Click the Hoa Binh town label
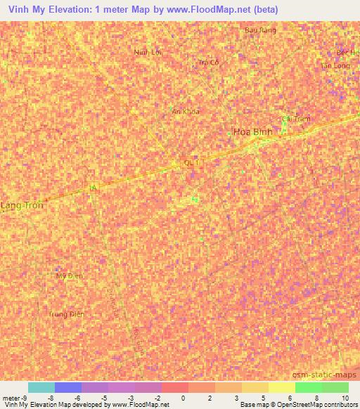click(x=252, y=131)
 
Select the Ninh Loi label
click(x=148, y=52)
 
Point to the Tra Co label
click(x=209, y=62)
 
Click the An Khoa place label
click(x=186, y=111)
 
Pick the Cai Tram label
click(x=295, y=119)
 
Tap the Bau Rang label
click(x=259, y=30)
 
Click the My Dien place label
click(x=70, y=275)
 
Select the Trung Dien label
click(x=67, y=314)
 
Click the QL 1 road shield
click(x=192, y=163)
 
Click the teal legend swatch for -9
click(x=41, y=387)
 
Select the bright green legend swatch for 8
click(x=308, y=387)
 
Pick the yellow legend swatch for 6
click(x=281, y=387)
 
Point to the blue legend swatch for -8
click(x=68, y=387)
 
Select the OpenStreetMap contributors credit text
click(x=314, y=405)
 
